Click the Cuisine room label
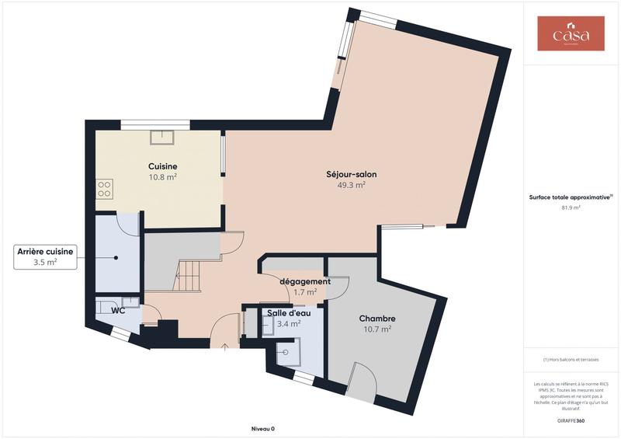(x=163, y=166)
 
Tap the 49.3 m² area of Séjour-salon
(x=351, y=186)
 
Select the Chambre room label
(x=377, y=319)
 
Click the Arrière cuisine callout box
(x=46, y=257)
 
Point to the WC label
(x=119, y=311)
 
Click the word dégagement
(x=306, y=281)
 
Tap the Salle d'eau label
(x=289, y=313)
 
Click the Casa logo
(x=571, y=34)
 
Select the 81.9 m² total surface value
(x=571, y=207)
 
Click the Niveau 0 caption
(x=262, y=429)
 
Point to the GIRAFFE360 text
(x=571, y=420)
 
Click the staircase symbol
(x=190, y=276)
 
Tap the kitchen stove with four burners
(x=104, y=188)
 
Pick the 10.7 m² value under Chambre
(x=377, y=329)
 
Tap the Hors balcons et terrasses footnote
(x=571, y=360)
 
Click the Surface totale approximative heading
(x=571, y=197)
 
